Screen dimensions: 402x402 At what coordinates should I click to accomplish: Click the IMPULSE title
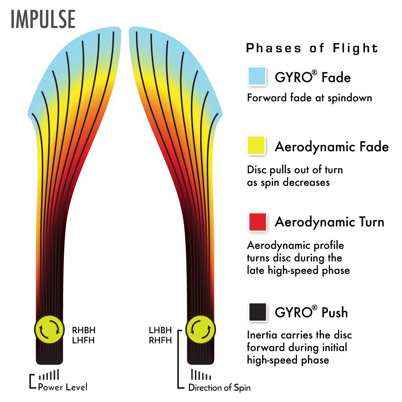tap(43, 19)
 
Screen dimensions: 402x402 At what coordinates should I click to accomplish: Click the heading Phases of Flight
tap(312, 48)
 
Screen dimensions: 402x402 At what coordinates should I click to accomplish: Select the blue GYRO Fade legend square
tap(257, 76)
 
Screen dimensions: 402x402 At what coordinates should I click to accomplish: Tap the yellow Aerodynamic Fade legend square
tap(256, 146)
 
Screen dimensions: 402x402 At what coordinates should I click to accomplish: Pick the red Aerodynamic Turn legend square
tap(258, 222)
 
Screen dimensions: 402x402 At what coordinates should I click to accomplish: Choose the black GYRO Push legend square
tap(258, 312)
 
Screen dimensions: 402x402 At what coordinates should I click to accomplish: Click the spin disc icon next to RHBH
tap(49, 329)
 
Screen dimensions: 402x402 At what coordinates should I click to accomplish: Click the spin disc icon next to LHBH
tap(201, 330)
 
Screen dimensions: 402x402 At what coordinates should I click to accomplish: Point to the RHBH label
tap(84, 330)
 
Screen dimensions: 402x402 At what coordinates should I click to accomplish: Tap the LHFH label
tap(83, 340)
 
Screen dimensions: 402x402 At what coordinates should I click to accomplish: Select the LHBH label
tap(160, 330)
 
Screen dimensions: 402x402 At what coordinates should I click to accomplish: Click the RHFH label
tap(160, 340)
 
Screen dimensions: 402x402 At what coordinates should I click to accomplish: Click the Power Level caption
tap(63, 387)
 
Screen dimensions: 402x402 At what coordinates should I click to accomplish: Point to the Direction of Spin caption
tap(219, 388)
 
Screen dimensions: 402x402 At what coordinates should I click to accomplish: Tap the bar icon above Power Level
tap(49, 374)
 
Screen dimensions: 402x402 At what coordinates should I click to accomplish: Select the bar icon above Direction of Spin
tap(201, 374)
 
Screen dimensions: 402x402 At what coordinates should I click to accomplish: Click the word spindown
tap(350, 98)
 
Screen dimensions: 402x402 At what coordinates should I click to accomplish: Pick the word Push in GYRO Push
tap(334, 312)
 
